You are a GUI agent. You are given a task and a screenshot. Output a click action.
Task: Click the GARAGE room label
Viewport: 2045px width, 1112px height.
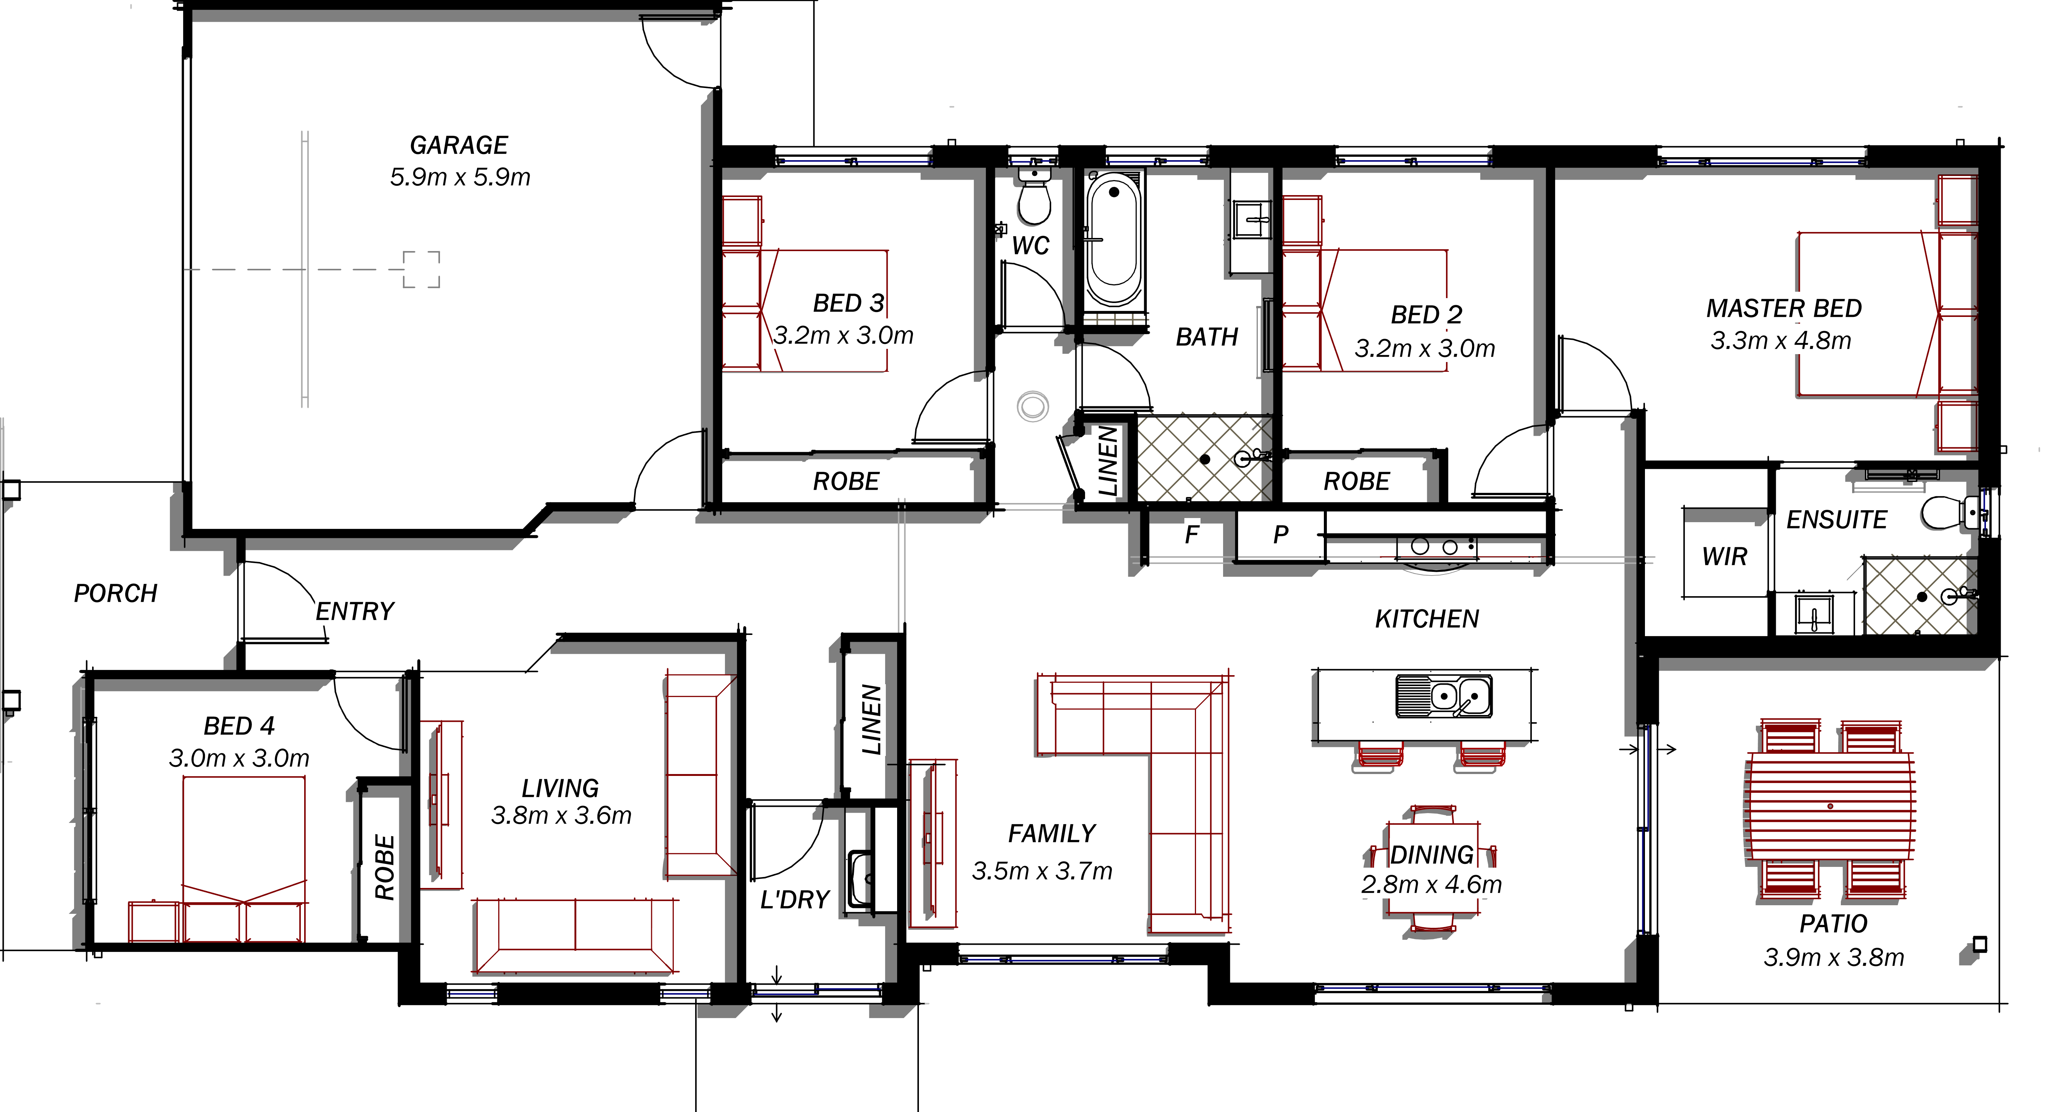pyautogui.click(x=459, y=145)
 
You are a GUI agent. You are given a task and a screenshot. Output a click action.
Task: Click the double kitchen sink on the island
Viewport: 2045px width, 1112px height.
pyautogui.click(x=1444, y=695)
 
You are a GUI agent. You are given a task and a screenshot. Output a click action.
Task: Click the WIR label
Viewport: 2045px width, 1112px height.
pyautogui.click(x=1724, y=556)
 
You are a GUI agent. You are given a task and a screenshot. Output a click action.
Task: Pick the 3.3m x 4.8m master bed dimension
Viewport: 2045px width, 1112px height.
pyautogui.click(x=1781, y=341)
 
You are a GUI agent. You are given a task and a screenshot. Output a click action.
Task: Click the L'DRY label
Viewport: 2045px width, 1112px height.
pyautogui.click(x=795, y=899)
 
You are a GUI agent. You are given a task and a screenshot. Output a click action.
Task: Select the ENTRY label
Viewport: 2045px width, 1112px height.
pyautogui.click(x=355, y=611)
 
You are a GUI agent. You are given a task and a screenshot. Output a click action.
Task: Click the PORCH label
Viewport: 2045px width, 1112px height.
pyautogui.click(x=116, y=593)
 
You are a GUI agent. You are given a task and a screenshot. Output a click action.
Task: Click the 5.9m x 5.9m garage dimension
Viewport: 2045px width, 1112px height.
pyautogui.click(x=460, y=177)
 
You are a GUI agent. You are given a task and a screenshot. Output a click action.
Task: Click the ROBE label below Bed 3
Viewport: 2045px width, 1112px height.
pyautogui.click(x=846, y=481)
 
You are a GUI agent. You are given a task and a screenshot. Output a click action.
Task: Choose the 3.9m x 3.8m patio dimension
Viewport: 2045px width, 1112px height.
pyautogui.click(x=1834, y=957)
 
